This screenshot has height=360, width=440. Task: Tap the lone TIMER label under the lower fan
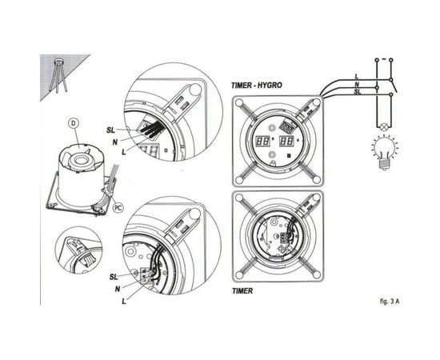click(243, 292)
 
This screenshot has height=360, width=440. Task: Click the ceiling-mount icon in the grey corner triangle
click(58, 68)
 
